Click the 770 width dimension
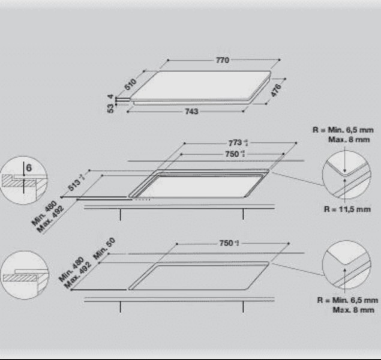(x=223, y=61)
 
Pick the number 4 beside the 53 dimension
(x=110, y=97)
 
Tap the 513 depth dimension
(x=75, y=185)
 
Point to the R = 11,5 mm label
(x=347, y=209)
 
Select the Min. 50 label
(x=104, y=247)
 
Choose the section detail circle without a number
(x=23, y=274)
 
